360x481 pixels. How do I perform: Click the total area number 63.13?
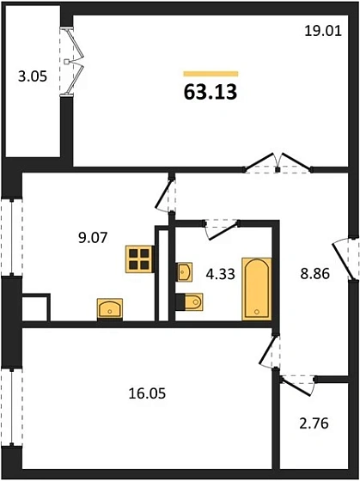(x=211, y=91)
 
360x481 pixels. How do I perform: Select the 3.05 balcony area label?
(x=33, y=76)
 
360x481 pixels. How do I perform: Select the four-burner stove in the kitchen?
(x=138, y=259)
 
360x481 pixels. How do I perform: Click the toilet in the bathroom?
(x=192, y=302)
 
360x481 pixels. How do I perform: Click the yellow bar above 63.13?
(x=211, y=74)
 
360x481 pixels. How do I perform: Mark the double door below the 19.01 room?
(x=275, y=163)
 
